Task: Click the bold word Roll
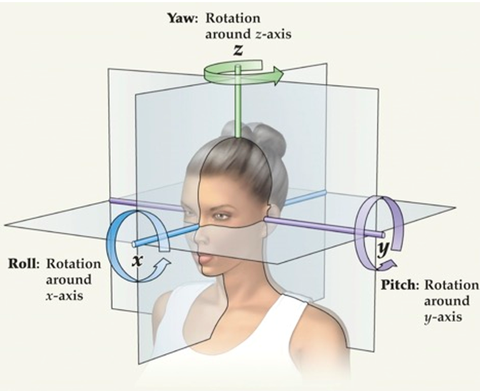point(23,263)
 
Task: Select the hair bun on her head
point(266,139)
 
